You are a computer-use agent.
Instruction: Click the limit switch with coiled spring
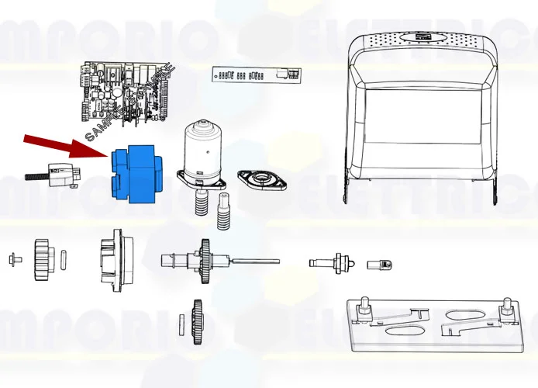pyautogui.click(x=57, y=176)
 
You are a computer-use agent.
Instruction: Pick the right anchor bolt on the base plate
pyautogui.click(x=506, y=310)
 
